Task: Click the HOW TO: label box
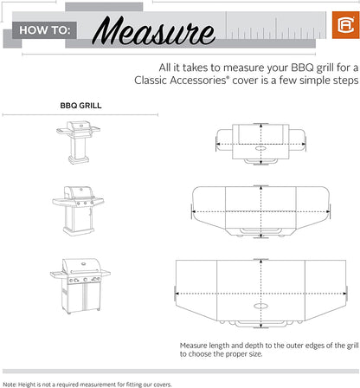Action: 44,33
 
